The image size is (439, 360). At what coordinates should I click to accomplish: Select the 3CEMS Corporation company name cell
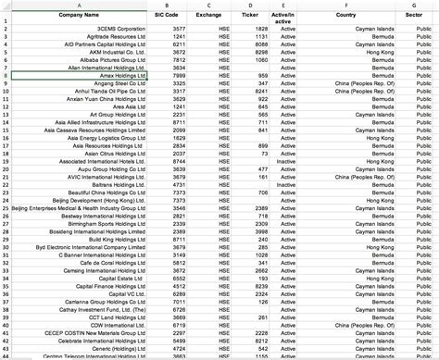pos(121,30)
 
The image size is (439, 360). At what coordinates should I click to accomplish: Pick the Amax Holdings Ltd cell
pos(120,75)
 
